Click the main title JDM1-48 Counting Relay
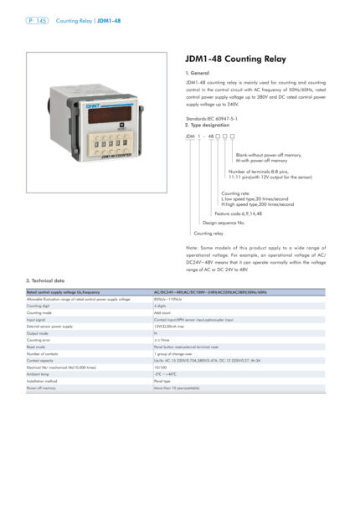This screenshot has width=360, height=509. click(x=235, y=59)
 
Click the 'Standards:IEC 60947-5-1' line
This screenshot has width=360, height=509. click(x=214, y=119)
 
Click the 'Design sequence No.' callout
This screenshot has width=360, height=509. click(x=224, y=223)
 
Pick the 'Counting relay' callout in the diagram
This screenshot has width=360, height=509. click(x=208, y=234)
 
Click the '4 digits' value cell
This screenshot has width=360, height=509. click(x=160, y=306)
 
